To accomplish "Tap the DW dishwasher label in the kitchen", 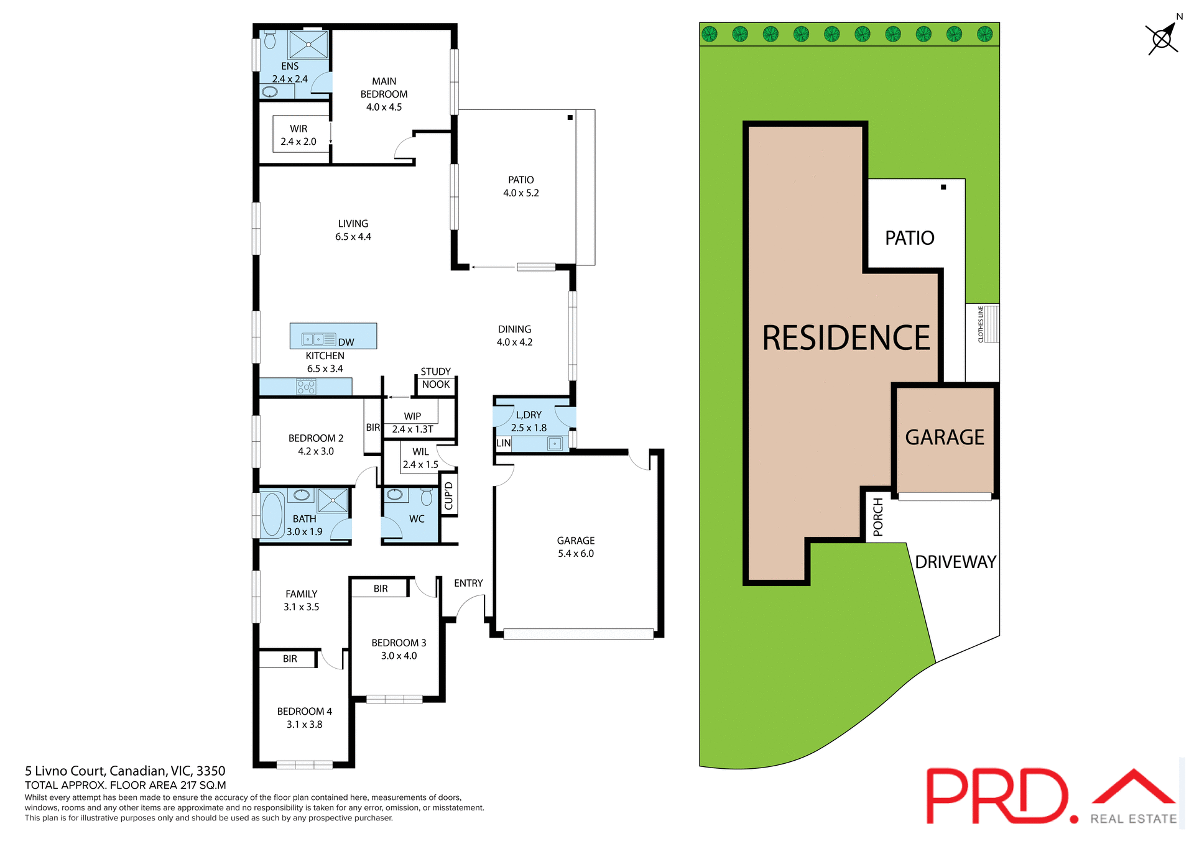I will pyautogui.click(x=346, y=342).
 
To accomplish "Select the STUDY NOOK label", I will pyautogui.click(x=435, y=378).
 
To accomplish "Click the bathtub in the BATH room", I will pyautogui.click(x=272, y=515).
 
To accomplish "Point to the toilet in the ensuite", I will pyautogui.click(x=270, y=40).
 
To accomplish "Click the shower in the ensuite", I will pyautogui.click(x=308, y=45).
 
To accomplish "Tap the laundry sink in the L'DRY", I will pyautogui.click(x=555, y=444).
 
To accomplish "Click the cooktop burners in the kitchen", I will pyautogui.click(x=306, y=387).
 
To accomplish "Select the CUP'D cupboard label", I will pyautogui.click(x=449, y=496).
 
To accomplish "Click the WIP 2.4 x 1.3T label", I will pyautogui.click(x=412, y=423).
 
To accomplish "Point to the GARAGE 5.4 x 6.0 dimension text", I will pyautogui.click(x=576, y=554).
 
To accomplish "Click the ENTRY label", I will pyautogui.click(x=468, y=583).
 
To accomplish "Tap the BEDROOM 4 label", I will pyautogui.click(x=304, y=711).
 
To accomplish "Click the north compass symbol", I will pyautogui.click(x=1162, y=39).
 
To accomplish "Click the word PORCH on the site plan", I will pyautogui.click(x=878, y=516).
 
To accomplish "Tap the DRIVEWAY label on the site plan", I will pyautogui.click(x=955, y=562).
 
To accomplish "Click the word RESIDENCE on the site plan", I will pyautogui.click(x=846, y=338).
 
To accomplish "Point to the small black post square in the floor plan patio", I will pyautogui.click(x=570, y=117).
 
